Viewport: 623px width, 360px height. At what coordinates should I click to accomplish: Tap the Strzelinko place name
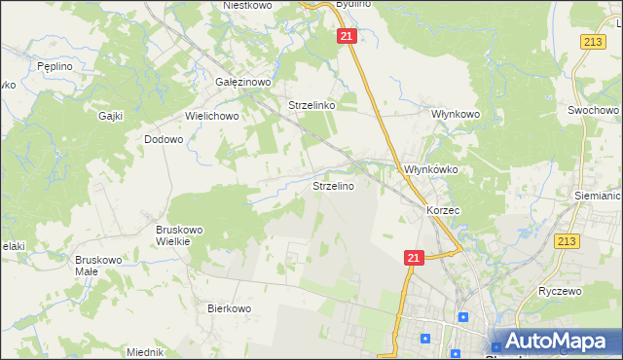(311, 105)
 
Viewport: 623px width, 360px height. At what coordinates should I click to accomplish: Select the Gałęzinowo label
(242, 83)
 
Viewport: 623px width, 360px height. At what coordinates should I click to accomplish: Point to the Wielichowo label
(212, 116)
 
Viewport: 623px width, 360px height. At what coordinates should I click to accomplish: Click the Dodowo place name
(164, 139)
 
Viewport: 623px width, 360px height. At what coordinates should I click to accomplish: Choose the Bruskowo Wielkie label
(179, 235)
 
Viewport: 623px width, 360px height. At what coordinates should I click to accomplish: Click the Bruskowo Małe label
(97, 266)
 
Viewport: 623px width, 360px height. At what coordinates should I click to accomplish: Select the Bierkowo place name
(230, 308)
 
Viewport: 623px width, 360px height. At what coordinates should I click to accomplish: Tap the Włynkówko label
(431, 169)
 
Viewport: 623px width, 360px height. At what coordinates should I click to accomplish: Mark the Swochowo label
(594, 111)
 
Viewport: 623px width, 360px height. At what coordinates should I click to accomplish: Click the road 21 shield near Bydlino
(348, 36)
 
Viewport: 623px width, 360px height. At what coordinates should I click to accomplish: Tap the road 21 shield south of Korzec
(414, 257)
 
